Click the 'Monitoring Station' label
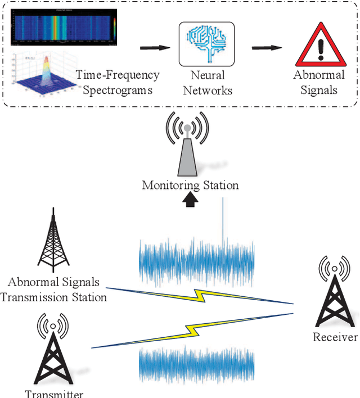[x=190, y=186]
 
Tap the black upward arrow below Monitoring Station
[x=190, y=200]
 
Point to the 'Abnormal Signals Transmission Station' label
[x=53, y=290]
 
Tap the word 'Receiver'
[x=335, y=337]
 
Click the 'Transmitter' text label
[x=53, y=394]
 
